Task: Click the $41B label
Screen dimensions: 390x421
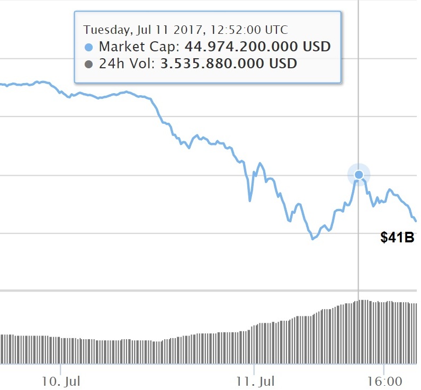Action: coord(397,237)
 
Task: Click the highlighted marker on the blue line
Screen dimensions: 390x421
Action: coord(359,175)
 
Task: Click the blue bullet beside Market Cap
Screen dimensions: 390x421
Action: coord(89,47)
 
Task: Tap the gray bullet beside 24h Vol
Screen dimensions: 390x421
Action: coord(89,65)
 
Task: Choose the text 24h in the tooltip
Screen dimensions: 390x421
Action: coord(109,64)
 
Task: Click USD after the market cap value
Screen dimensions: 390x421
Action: coord(317,47)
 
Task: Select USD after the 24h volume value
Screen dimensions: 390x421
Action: coord(284,64)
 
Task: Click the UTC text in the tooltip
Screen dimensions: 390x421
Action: coord(275,30)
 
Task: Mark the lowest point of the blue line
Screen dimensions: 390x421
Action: coord(312,239)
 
